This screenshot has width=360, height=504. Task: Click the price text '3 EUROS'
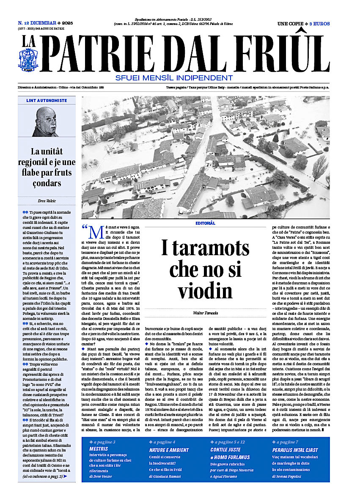pyautogui.click(x=321, y=24)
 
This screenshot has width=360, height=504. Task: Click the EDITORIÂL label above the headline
pyautogui.click(x=205, y=223)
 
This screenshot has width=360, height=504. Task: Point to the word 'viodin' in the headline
pyautogui.click(x=205, y=291)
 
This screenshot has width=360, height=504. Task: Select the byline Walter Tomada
pyautogui.click(x=205, y=313)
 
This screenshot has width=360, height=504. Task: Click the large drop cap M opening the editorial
pyautogui.click(x=96, y=232)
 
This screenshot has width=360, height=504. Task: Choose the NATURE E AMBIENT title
pyautogui.click(x=169, y=450)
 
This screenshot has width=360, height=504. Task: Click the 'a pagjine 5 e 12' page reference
pyautogui.click(x=229, y=442)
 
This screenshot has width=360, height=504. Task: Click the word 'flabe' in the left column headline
pyautogui.click(x=40, y=173)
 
